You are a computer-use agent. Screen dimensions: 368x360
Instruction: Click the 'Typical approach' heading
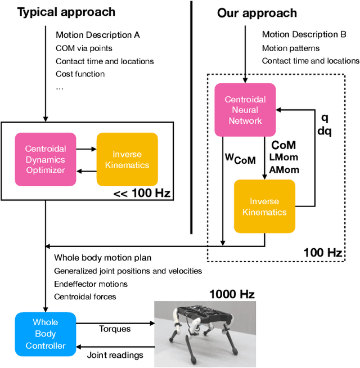point(66,12)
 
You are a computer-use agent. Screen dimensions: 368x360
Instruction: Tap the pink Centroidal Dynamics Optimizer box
point(46,159)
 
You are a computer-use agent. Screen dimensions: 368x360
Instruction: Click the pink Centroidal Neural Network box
point(245,110)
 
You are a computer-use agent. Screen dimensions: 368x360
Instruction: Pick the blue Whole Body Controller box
point(46,334)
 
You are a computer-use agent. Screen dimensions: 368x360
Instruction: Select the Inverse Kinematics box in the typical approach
point(127,159)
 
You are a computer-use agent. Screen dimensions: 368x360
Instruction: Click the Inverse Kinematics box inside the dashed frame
point(264,206)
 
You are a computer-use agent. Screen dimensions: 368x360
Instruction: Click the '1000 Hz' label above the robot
point(232,294)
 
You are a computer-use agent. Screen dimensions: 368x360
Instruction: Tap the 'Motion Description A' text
point(98,35)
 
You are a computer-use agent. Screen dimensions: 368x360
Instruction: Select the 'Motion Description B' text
point(304,35)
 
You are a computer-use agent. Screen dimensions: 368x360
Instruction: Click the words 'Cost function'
point(80,74)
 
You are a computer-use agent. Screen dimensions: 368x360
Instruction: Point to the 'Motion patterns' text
point(291,48)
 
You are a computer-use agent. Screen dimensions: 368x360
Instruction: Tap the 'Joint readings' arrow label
point(115,354)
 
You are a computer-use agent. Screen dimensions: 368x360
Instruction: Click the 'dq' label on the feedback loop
point(325,132)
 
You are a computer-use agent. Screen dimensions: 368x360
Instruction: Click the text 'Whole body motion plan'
point(102,258)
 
